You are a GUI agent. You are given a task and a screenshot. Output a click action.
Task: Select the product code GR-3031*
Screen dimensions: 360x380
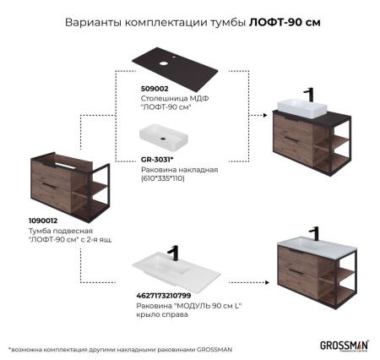point(156,158)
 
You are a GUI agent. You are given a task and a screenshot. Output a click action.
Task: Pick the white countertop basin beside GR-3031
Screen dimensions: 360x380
point(166,137)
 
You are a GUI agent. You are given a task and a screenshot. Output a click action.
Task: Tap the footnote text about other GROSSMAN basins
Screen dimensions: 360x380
point(119,348)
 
